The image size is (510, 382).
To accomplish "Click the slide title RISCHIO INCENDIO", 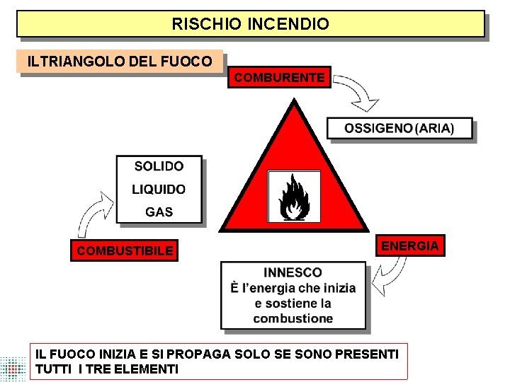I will pyautogui.click(x=250, y=24).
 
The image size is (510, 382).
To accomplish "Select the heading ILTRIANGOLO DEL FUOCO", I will pyautogui.click(x=119, y=62).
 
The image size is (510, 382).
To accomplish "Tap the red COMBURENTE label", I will pyautogui.click(x=279, y=77).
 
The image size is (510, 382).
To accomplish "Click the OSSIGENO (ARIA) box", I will pyautogui.click(x=399, y=129).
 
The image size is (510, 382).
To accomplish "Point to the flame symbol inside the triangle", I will pyautogui.click(x=293, y=197).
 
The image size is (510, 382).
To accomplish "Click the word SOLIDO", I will pyautogui.click(x=159, y=166).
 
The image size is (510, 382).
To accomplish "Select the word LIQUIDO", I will pyautogui.click(x=159, y=190).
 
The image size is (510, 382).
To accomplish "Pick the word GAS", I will pyautogui.click(x=159, y=212).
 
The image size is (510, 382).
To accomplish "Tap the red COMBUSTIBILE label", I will pyautogui.click(x=125, y=250).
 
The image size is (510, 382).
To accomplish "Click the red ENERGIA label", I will pyautogui.click(x=410, y=245).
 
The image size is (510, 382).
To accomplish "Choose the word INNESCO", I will pyautogui.click(x=293, y=272).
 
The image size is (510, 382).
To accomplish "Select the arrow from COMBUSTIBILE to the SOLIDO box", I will pyautogui.click(x=92, y=216).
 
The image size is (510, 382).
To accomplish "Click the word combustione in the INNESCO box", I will pyautogui.click(x=293, y=318).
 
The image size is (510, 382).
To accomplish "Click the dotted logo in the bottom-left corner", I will pyautogui.click(x=13, y=368).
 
